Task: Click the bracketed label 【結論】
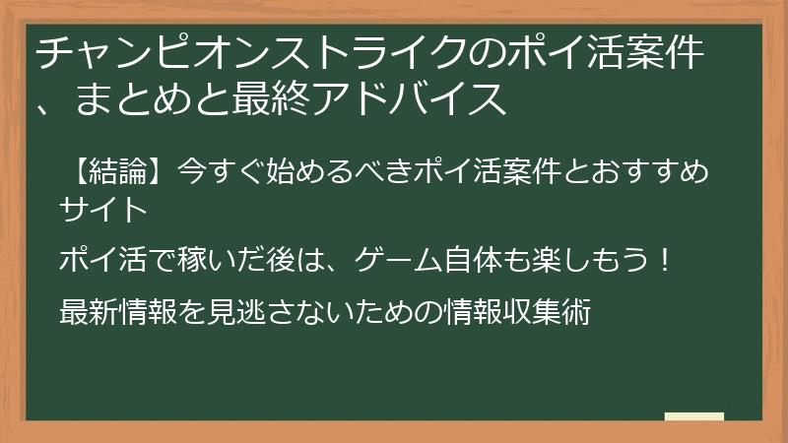pos(117,175)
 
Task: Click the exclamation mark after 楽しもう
pos(667,262)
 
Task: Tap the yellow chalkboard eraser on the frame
pos(694,417)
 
